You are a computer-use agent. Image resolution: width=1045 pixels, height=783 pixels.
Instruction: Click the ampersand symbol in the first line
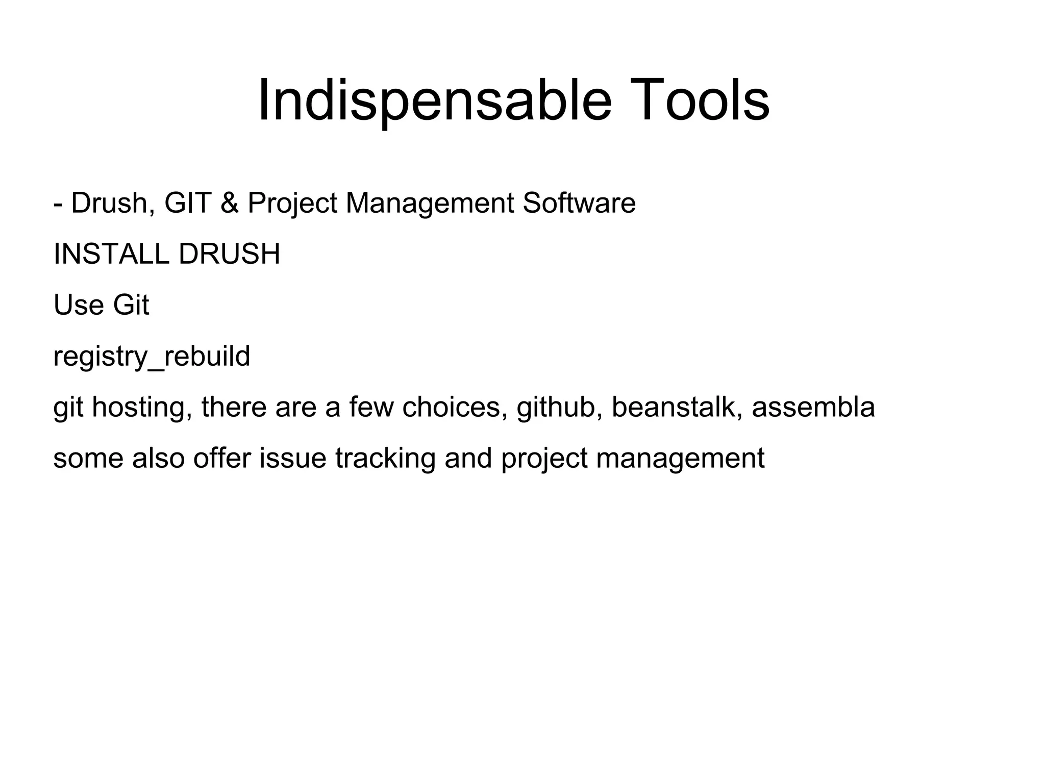[x=230, y=203]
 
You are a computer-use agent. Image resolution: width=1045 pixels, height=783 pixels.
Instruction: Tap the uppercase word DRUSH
[x=230, y=254]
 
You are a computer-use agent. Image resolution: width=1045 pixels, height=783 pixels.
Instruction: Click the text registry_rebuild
[x=152, y=356]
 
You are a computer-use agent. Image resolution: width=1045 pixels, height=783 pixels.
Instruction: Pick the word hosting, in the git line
[x=143, y=407]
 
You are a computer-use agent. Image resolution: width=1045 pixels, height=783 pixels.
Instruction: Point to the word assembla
[x=813, y=407]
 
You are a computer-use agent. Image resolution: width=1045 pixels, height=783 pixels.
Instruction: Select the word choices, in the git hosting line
[x=455, y=407]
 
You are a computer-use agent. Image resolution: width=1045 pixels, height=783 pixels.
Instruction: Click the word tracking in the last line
[x=385, y=458]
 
